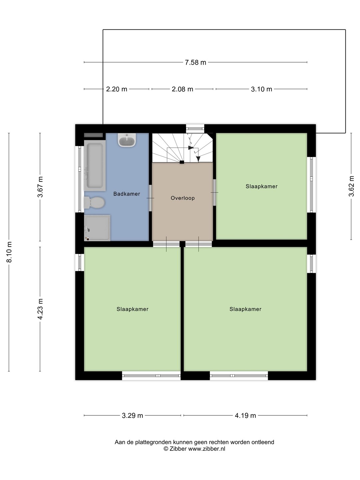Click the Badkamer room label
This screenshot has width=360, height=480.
click(127, 194)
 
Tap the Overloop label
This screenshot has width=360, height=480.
click(183, 198)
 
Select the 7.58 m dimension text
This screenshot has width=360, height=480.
click(195, 63)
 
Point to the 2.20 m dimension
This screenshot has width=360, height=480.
click(117, 89)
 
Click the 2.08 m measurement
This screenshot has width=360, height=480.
click(182, 89)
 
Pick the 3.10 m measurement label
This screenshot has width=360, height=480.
click(261, 89)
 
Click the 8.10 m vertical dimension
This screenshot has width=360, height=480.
click(9, 252)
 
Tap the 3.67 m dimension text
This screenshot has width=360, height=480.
click(40, 187)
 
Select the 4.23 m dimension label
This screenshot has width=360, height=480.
click(40, 309)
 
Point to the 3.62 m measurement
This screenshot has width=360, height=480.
click(351, 186)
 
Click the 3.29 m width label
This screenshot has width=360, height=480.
click(132, 415)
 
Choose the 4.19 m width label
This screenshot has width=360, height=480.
click(245, 415)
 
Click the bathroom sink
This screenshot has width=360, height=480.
click(127, 140)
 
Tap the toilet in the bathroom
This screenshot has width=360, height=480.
click(94, 202)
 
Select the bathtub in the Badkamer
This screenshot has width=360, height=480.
click(95, 166)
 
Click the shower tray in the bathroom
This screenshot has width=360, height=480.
click(97, 228)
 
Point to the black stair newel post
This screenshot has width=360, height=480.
click(182, 162)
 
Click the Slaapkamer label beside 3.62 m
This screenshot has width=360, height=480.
click(261, 186)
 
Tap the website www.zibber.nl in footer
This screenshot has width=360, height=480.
click(207, 449)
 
